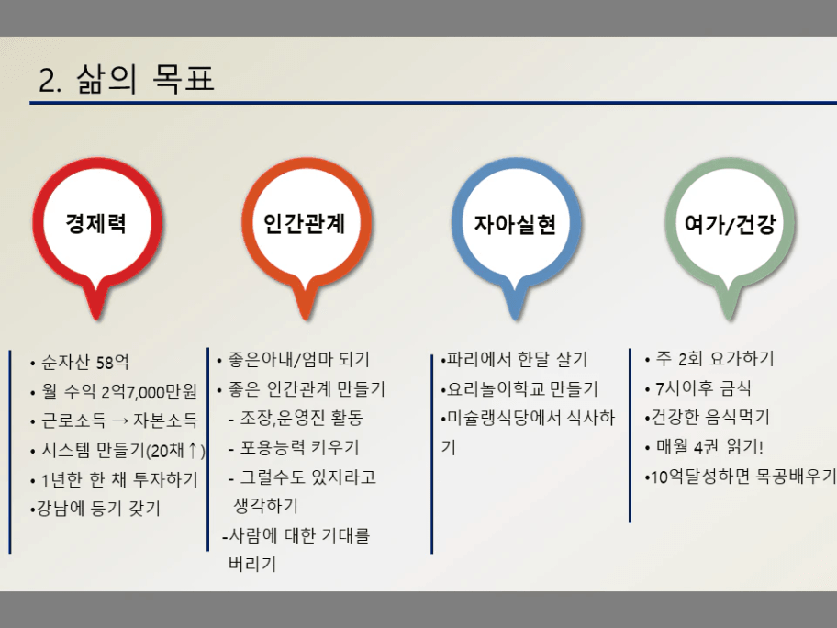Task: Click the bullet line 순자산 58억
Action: [x=80, y=363]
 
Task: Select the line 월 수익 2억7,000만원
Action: [x=114, y=392]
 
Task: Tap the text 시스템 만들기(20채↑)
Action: [x=118, y=451]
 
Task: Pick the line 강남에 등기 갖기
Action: [x=95, y=509]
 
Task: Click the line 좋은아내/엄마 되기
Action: [x=294, y=359]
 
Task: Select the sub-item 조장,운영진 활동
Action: [x=296, y=418]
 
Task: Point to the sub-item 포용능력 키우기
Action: [x=294, y=447]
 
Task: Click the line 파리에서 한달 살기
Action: [x=514, y=359]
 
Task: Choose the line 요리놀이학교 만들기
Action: [x=519, y=388]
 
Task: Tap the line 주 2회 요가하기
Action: [x=709, y=359]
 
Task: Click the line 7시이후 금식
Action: [x=697, y=388]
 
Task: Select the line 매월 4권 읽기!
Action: [x=704, y=446]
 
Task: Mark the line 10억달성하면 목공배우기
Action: [x=740, y=476]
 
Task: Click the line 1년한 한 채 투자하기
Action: [x=114, y=479]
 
